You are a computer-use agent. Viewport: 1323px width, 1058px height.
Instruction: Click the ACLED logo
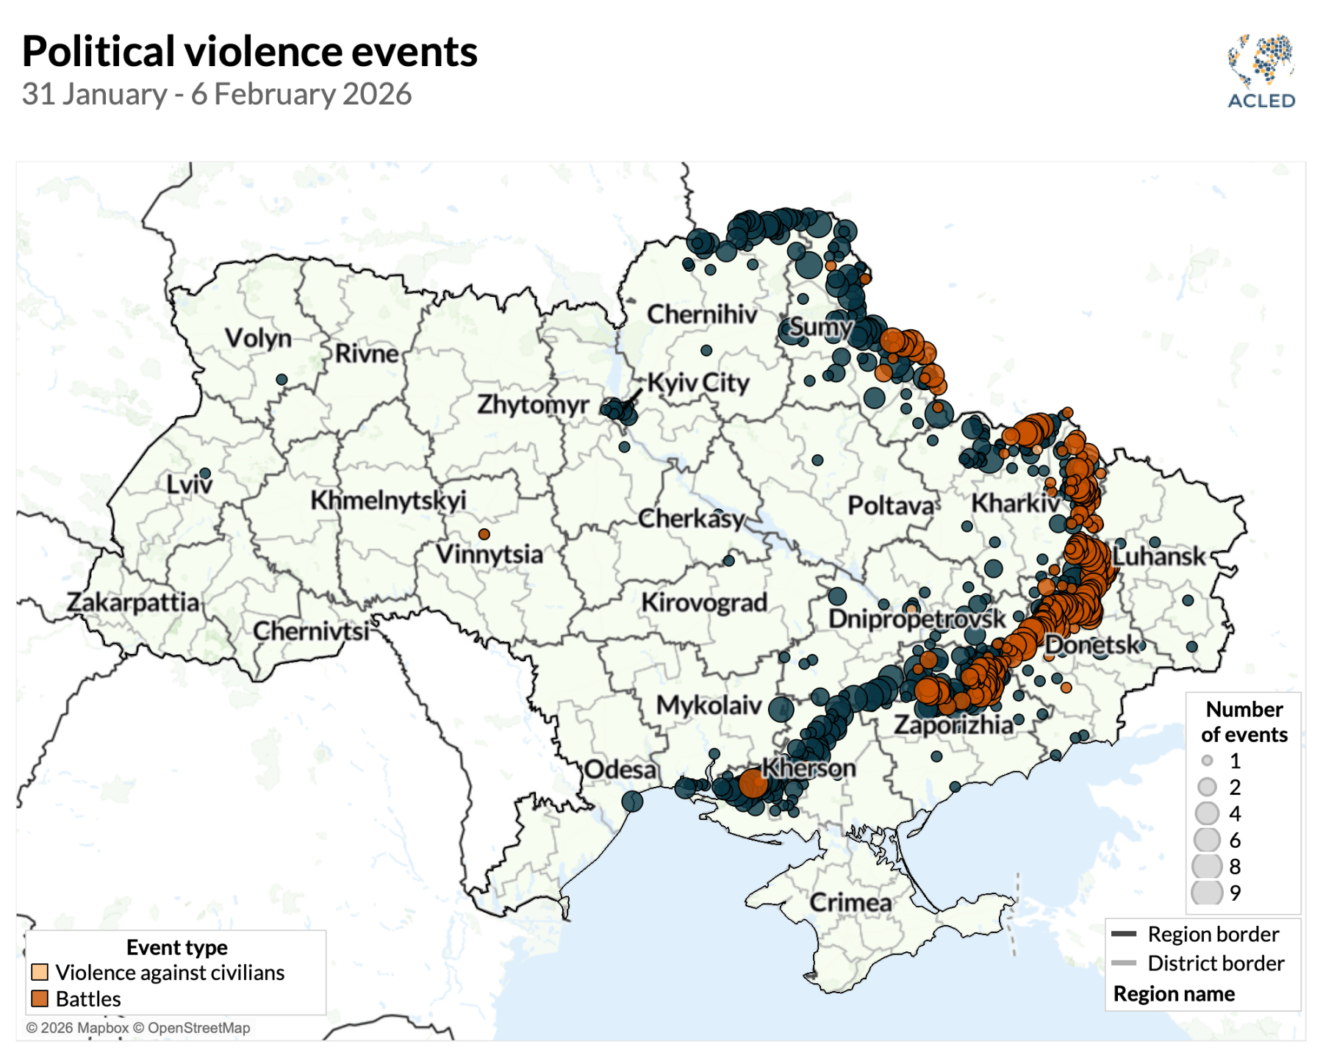click(x=1261, y=71)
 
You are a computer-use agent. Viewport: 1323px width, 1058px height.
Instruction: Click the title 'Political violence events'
click(x=250, y=51)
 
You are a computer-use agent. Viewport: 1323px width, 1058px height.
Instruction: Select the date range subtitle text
click(x=217, y=95)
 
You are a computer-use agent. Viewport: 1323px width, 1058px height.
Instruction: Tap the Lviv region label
click(x=189, y=485)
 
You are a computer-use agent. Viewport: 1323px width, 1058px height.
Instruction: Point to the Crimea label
click(x=850, y=902)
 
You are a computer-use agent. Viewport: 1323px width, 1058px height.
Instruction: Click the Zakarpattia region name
click(x=133, y=602)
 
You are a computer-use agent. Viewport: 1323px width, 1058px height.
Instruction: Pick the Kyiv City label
click(x=698, y=383)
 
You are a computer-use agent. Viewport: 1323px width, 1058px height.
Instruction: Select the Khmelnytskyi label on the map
click(x=388, y=500)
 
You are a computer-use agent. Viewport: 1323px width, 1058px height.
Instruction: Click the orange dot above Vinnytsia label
click(x=484, y=534)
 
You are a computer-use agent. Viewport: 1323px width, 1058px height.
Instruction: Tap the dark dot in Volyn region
click(x=282, y=379)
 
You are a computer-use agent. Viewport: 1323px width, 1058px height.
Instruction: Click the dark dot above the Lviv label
click(x=205, y=474)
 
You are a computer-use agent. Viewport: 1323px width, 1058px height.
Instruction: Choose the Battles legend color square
click(x=40, y=998)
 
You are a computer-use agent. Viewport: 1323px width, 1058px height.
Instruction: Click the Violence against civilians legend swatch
click(x=40, y=972)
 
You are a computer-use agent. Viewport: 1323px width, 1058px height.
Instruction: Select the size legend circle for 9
click(x=1207, y=892)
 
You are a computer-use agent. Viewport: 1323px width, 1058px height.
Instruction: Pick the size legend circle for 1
click(x=1207, y=760)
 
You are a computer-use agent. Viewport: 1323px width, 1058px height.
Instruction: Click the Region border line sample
click(x=1124, y=934)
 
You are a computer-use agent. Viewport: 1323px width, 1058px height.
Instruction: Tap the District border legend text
click(x=1216, y=963)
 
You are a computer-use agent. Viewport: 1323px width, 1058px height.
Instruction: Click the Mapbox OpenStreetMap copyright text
click(x=138, y=1028)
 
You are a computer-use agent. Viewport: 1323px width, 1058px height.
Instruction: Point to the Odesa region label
click(x=620, y=769)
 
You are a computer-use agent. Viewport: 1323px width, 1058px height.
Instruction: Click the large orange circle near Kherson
click(x=753, y=783)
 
